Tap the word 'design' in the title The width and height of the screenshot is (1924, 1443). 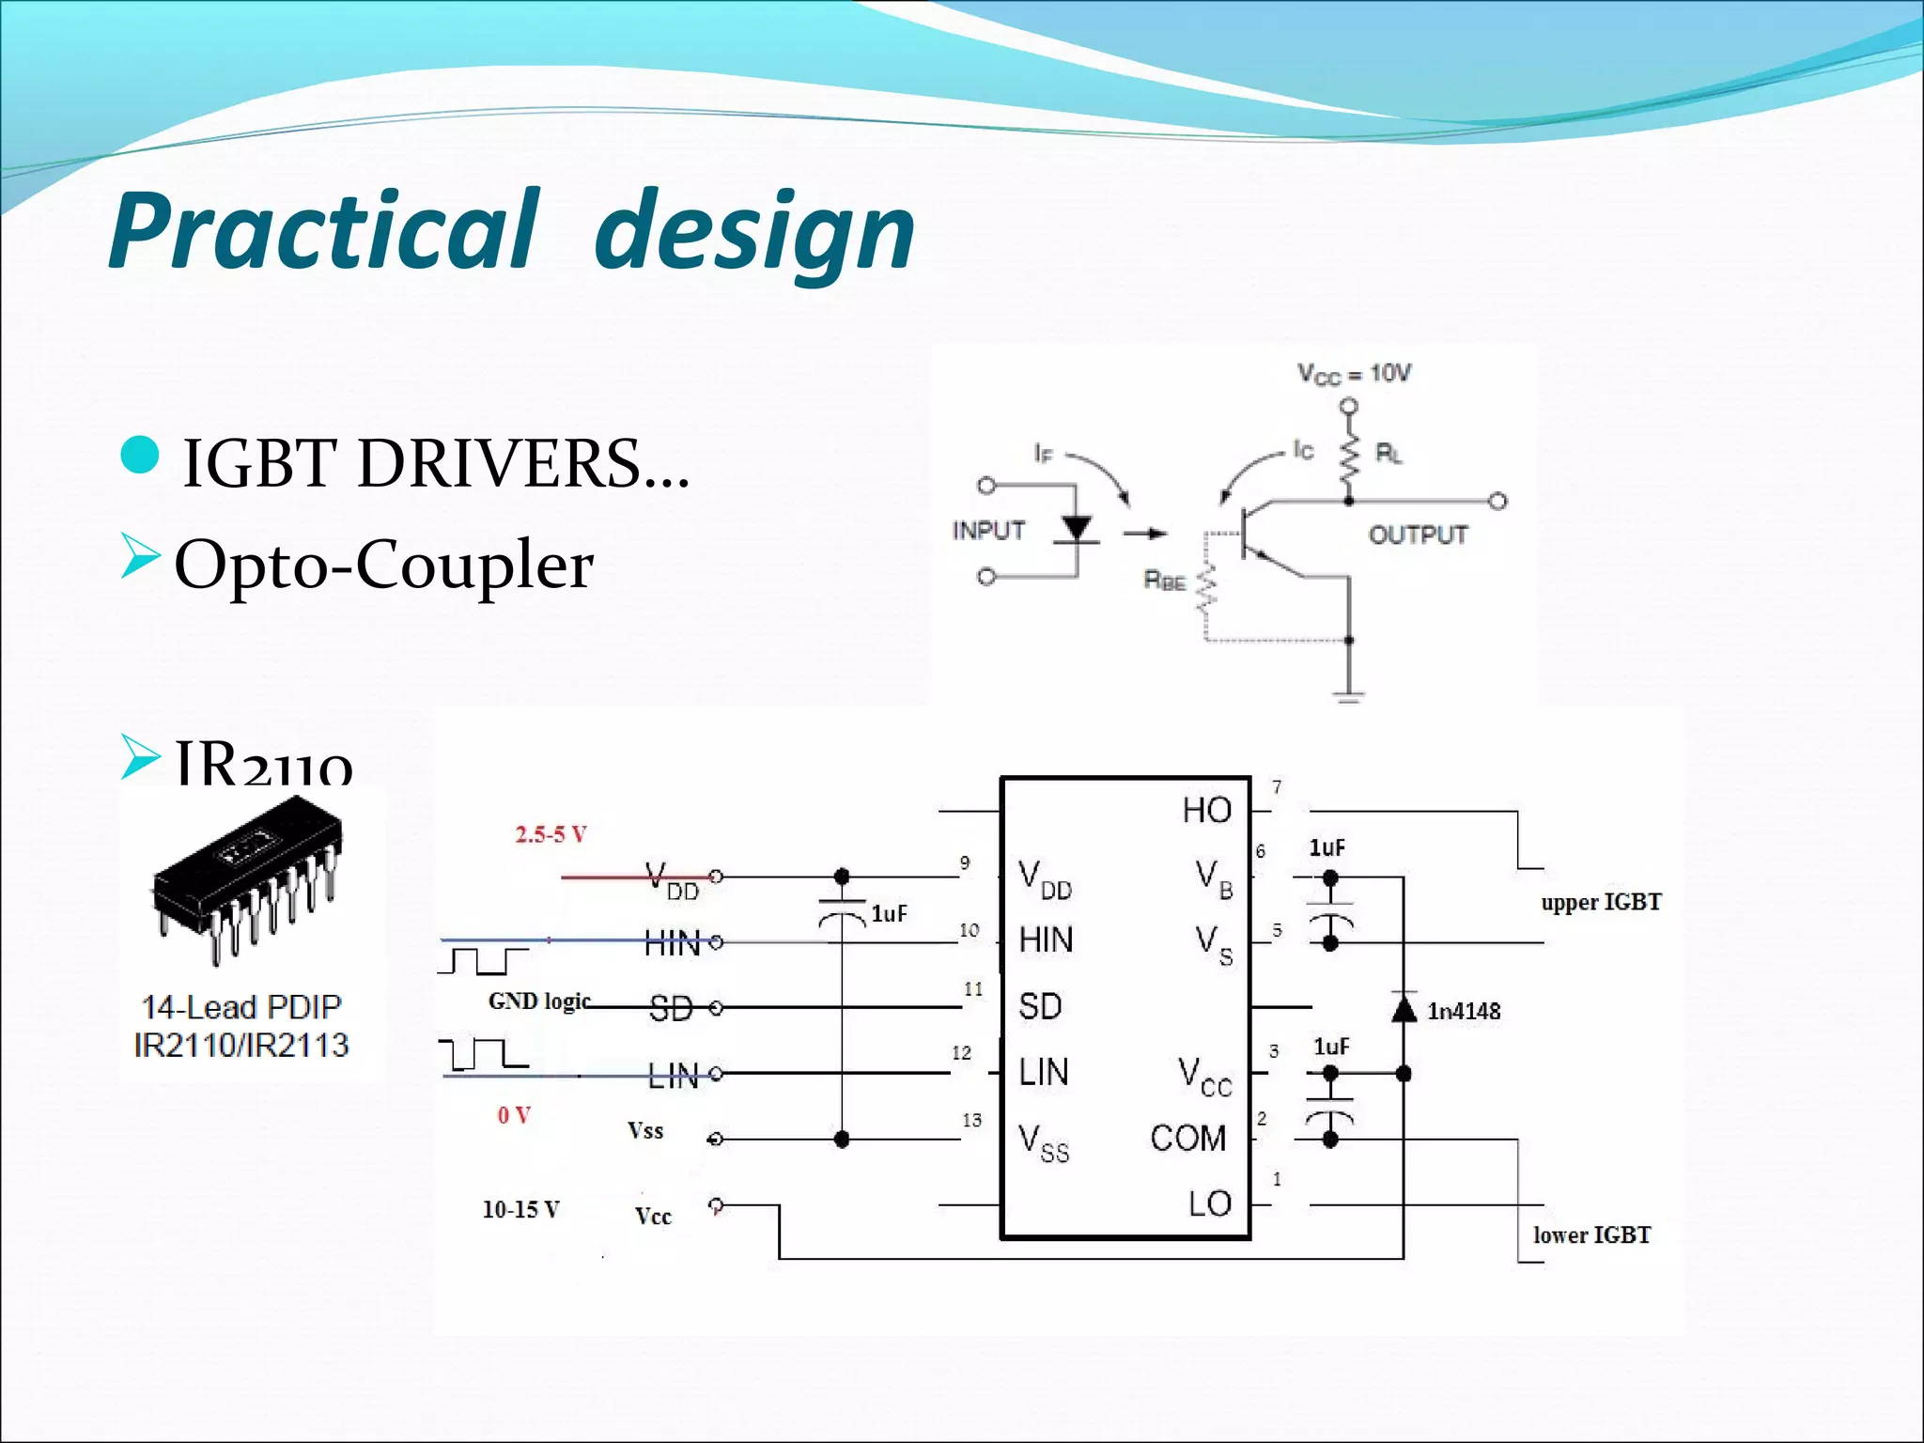coord(754,233)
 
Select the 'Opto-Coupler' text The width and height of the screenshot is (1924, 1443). coord(383,565)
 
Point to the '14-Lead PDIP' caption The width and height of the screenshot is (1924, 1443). coord(241,1007)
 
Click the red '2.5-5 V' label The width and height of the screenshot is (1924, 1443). coord(551,834)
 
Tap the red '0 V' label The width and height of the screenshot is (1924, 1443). coord(514,1115)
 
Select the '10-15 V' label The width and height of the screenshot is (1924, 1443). coord(520,1209)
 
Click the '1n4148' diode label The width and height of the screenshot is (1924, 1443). coord(1464,1011)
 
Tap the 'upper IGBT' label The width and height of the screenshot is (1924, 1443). coord(1601,902)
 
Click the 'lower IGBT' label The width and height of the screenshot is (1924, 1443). coord(1591,1234)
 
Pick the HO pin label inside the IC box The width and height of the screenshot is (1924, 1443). coord(1206,810)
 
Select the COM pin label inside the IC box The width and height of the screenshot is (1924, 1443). coord(1188,1139)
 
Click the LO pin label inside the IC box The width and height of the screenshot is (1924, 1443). coord(1209,1203)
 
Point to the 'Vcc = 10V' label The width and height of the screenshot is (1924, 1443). coord(1354,374)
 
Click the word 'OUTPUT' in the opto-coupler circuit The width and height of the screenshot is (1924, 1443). coord(1417,535)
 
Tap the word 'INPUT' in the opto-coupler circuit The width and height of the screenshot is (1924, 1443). coord(988,531)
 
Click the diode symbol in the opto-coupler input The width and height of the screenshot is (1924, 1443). coord(1076,530)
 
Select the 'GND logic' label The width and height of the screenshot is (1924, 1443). coord(539,1001)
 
